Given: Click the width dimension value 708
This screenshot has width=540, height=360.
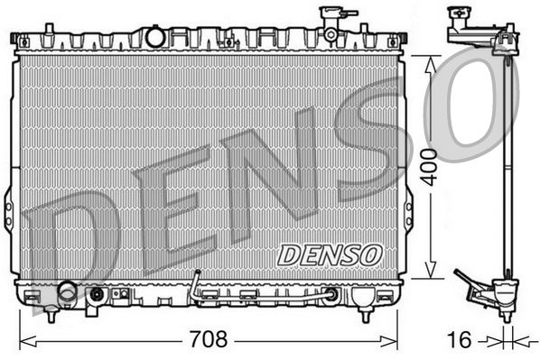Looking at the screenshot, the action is point(209,339).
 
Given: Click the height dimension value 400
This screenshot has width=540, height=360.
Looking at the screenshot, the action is point(430,167).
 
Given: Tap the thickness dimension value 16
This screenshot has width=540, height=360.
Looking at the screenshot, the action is point(459,339).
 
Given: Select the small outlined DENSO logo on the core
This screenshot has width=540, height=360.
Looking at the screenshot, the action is point(330,255).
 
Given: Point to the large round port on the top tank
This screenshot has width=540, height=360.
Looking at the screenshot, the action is point(155,36).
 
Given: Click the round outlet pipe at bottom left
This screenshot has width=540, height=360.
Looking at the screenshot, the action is point(68,293).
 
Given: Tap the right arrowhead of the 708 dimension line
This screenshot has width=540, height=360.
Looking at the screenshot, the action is point(389,341).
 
